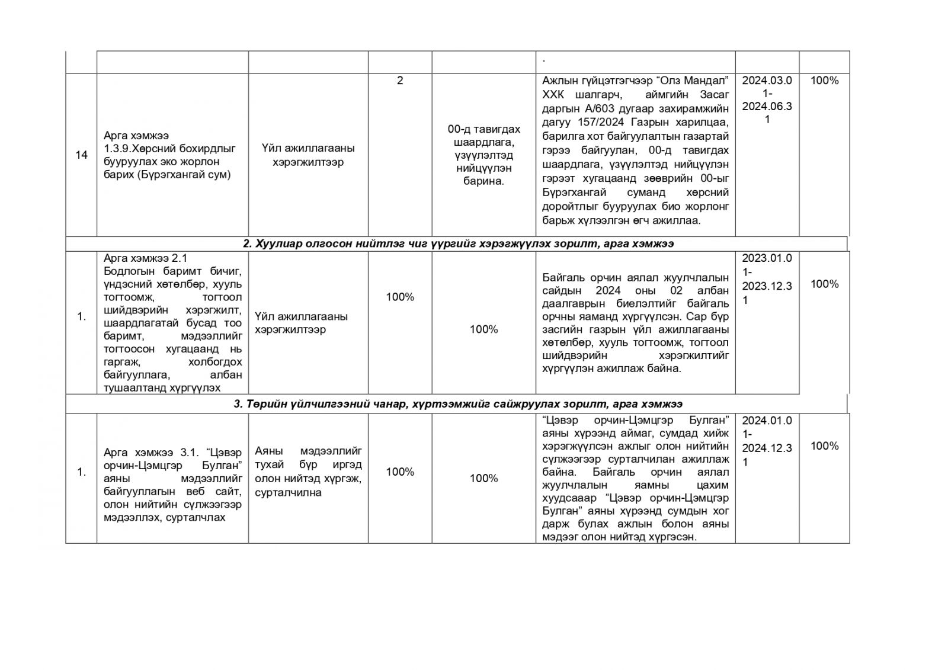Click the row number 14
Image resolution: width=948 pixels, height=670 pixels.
pyautogui.click(x=82, y=155)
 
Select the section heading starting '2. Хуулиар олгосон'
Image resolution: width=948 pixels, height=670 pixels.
pyautogui.click(x=458, y=243)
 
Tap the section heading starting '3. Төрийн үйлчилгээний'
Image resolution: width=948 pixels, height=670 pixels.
pyautogui.click(x=458, y=404)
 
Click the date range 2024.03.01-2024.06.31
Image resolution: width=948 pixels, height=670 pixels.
pyautogui.click(x=767, y=100)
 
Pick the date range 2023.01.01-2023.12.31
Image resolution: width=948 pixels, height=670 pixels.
pyautogui.click(x=767, y=278)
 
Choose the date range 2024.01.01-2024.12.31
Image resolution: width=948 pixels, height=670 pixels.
pyautogui.click(x=767, y=441)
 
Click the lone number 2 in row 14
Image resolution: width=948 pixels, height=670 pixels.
pyautogui.click(x=400, y=81)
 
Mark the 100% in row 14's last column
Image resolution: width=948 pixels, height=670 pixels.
pyautogui.click(x=824, y=81)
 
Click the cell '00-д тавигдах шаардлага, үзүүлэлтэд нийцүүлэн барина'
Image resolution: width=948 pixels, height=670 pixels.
pyautogui.click(x=483, y=155)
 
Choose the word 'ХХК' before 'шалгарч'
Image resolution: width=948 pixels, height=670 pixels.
pyautogui.click(x=553, y=95)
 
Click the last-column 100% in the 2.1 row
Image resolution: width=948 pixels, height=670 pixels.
pyautogui.click(x=824, y=284)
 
